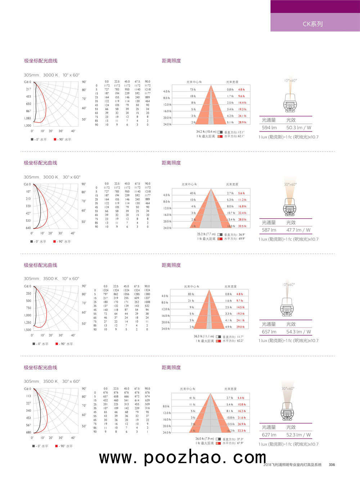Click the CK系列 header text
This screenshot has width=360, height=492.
(312, 24)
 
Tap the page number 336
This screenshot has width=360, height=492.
(332, 465)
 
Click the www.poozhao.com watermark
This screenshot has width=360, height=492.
(183, 457)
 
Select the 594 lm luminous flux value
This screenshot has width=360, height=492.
(269, 128)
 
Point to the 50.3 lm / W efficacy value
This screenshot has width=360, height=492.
(298, 128)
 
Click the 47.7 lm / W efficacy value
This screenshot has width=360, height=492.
(298, 230)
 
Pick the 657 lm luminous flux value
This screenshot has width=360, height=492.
(269, 332)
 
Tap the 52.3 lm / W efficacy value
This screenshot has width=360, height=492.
(298, 435)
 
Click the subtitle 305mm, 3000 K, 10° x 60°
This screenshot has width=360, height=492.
(51, 75)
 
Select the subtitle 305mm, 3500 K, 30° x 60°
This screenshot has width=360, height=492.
(52, 381)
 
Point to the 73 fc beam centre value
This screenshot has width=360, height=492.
(193, 90)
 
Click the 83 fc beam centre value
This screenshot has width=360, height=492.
(191, 294)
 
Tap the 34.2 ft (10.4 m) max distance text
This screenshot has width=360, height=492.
(206, 132)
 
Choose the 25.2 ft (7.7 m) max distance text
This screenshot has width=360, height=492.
(206, 234)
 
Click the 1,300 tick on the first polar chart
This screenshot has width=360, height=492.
(28, 126)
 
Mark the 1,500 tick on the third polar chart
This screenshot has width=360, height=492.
(28, 330)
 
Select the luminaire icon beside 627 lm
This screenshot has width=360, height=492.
(288, 411)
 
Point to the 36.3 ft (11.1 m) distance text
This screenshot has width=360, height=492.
(204, 336)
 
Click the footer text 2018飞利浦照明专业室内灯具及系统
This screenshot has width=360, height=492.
(292, 465)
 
